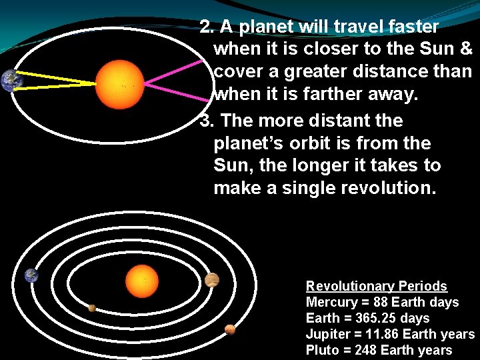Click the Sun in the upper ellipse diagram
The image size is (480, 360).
pos(120,85)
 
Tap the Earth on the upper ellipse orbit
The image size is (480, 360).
pos(11,81)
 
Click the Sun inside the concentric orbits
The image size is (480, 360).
pos(141,281)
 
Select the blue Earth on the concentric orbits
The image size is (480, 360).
pos(31,275)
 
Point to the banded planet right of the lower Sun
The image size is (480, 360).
pos(212,280)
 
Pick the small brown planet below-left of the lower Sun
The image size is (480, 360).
pos(92,308)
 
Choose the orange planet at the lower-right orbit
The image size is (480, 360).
pos(230,329)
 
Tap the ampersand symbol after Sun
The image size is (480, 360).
pos(465,49)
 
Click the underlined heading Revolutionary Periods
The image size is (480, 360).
pos(376,286)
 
